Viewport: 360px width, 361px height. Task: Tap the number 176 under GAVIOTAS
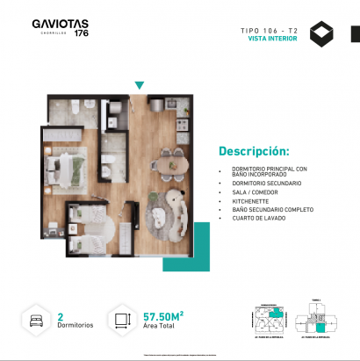click(x=81, y=34)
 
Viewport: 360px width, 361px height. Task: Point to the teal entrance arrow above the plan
click(x=139, y=85)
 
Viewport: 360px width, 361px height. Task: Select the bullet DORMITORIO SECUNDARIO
click(x=263, y=183)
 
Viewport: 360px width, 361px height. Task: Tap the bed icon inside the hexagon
click(x=37, y=319)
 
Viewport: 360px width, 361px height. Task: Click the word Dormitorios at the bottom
click(x=75, y=325)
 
